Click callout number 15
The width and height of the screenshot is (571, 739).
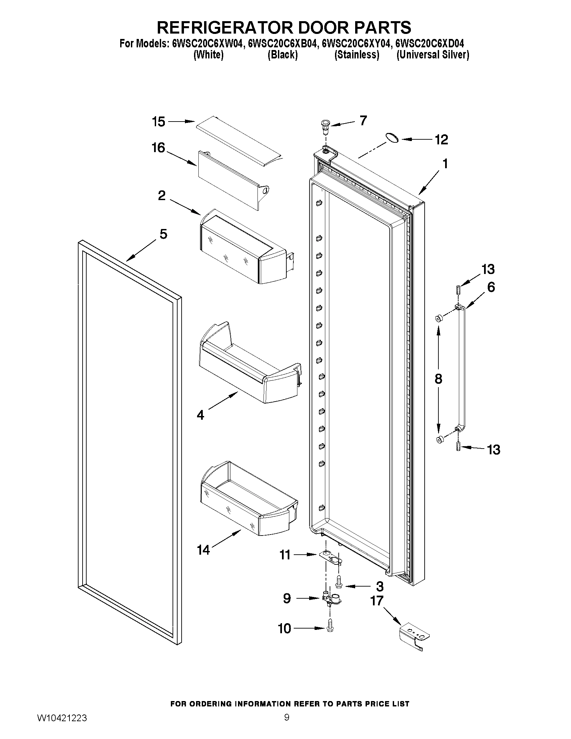[x=158, y=122]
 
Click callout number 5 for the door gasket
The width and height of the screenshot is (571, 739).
[x=163, y=234]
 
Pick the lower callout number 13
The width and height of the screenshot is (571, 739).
[x=493, y=450]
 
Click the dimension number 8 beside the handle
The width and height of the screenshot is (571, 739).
[x=438, y=379]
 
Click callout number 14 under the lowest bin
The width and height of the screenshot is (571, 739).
[x=203, y=550]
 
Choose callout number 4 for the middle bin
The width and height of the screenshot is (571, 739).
[x=200, y=415]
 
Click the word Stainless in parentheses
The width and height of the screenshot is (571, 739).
[x=356, y=55]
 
